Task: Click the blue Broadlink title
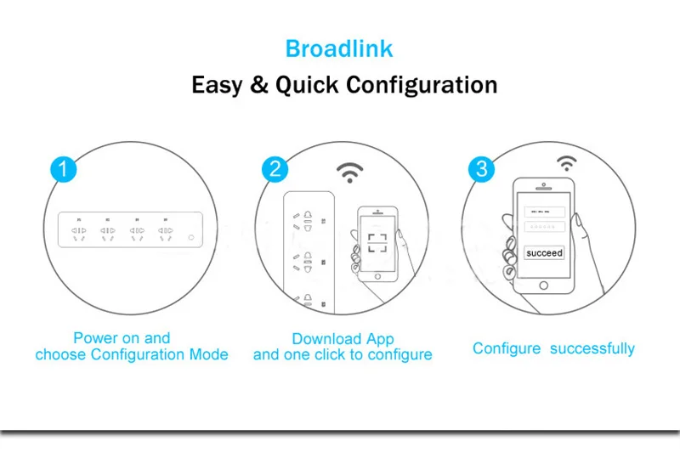(339, 48)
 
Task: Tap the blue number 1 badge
(64, 168)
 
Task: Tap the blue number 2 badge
(274, 168)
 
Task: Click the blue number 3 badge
(482, 168)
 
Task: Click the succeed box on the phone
(544, 253)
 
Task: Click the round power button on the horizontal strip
(190, 238)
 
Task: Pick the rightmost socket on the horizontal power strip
(164, 235)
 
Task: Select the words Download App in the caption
(343, 339)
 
